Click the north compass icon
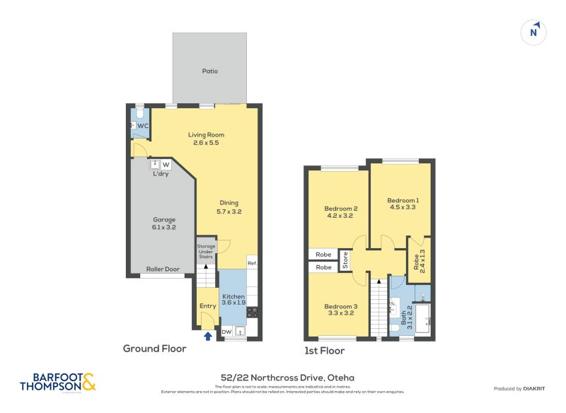point(534,32)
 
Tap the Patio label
point(209,71)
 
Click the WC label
point(142,126)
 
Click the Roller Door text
point(163,269)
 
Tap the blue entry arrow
point(207,337)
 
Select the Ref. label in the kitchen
point(252,263)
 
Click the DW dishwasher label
point(226,332)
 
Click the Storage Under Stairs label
point(205,252)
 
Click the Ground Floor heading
point(154,348)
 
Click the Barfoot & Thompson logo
point(57,383)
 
